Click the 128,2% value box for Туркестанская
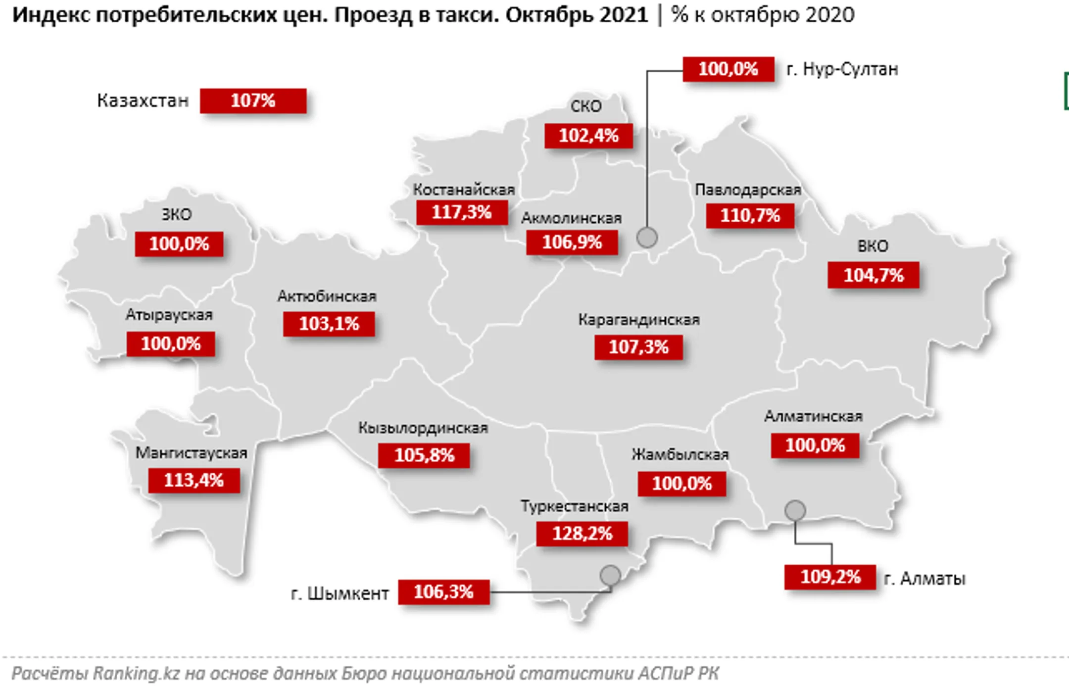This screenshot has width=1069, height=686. (x=582, y=534)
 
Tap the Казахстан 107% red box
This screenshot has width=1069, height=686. (x=253, y=101)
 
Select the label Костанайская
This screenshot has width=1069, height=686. (x=464, y=190)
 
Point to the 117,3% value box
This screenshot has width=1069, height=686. (x=461, y=212)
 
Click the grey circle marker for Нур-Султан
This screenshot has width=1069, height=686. (x=647, y=238)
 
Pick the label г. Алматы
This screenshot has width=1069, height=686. (x=924, y=578)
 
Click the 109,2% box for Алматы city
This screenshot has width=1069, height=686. (x=830, y=577)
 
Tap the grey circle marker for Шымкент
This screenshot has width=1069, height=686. (x=610, y=575)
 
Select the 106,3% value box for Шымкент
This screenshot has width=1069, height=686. (x=443, y=591)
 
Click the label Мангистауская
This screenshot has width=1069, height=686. (x=191, y=453)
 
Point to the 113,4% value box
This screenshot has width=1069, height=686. (x=194, y=480)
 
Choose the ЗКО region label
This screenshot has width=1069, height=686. (x=177, y=215)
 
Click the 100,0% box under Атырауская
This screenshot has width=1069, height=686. (x=171, y=343)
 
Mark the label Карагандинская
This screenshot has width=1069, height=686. (x=638, y=320)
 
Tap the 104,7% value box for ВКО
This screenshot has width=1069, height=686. (x=873, y=275)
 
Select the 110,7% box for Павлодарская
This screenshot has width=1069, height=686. (x=750, y=216)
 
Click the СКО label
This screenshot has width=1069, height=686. (x=586, y=106)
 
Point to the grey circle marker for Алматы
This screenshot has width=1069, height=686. (x=795, y=510)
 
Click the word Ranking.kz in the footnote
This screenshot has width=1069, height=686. (x=136, y=673)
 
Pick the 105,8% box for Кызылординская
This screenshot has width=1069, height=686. (x=424, y=455)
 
